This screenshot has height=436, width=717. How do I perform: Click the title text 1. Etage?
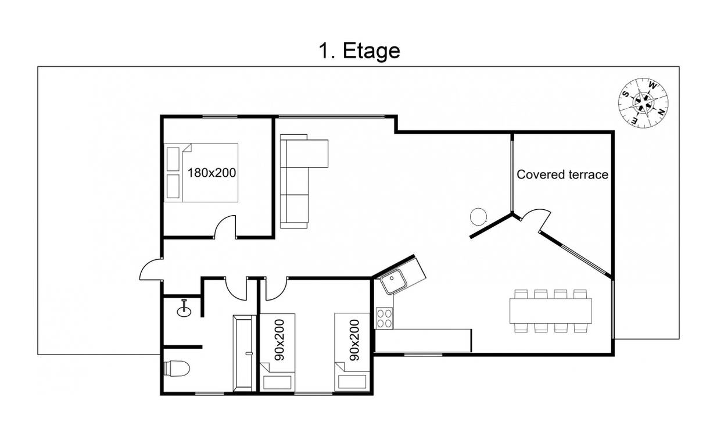(x=359, y=51)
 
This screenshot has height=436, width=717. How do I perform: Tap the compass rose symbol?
(x=643, y=103)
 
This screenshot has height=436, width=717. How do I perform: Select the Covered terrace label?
(x=562, y=174)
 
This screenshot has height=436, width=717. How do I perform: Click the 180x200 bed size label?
(x=211, y=173)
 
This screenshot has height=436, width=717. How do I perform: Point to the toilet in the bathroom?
(x=177, y=369)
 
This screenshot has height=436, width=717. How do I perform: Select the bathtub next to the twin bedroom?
(x=245, y=353)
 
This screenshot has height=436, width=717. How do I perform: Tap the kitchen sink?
(x=394, y=281)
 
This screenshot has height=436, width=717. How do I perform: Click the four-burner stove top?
(x=384, y=318)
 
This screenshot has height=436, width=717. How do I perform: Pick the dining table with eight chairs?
(x=551, y=311)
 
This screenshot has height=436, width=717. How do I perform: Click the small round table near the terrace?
(x=479, y=217)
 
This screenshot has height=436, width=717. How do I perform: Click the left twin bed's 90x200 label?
(x=279, y=340)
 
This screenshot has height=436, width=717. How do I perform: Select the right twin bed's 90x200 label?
(x=354, y=340)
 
